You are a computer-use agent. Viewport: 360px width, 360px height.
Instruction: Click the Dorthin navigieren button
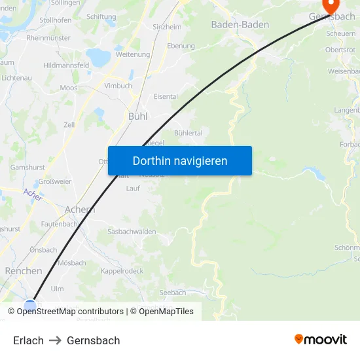(x=180, y=160)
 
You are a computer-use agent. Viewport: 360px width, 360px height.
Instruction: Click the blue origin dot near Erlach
(x=30, y=305)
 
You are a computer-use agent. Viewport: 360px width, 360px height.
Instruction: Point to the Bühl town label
(x=137, y=116)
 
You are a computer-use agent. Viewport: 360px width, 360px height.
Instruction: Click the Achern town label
(x=80, y=209)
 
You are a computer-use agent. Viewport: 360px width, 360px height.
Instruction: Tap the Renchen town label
(x=24, y=270)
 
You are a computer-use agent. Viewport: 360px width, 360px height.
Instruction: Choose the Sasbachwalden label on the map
(x=132, y=232)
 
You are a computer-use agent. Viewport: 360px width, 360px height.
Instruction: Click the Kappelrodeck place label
(x=122, y=271)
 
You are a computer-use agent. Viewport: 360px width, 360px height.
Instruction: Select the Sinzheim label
(x=167, y=27)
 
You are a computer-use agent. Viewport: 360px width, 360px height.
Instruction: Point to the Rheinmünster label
(x=48, y=38)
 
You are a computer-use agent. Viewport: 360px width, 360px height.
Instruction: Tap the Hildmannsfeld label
(x=65, y=65)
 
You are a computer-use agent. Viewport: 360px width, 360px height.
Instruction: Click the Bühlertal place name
(x=187, y=132)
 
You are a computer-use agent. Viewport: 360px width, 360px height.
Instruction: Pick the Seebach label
(x=173, y=293)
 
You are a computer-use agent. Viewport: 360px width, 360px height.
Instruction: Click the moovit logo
(x=320, y=340)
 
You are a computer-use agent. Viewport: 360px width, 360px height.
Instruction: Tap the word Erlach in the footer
(x=28, y=340)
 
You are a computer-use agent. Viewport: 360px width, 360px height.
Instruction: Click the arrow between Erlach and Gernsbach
(x=55, y=340)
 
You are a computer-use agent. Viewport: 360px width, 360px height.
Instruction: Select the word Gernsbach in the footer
(x=94, y=340)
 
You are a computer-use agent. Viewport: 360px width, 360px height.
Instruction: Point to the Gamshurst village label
(x=27, y=168)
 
